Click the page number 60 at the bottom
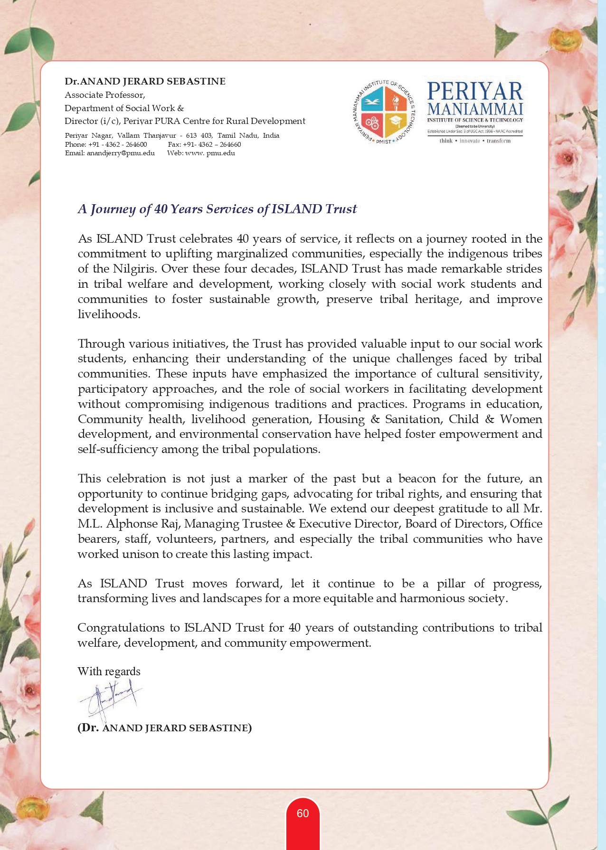pos(303,813)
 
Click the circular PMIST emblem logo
pos(384,113)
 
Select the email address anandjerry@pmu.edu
pos(110,153)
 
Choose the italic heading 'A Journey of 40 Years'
pos(217,209)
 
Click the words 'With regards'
pos(109,671)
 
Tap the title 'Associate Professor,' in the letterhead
pos(105,94)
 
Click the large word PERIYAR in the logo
pos(475,91)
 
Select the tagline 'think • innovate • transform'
pos(475,141)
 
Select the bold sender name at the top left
pos(145,81)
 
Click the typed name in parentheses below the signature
pos(164,728)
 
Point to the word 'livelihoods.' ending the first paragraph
pos(109,314)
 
